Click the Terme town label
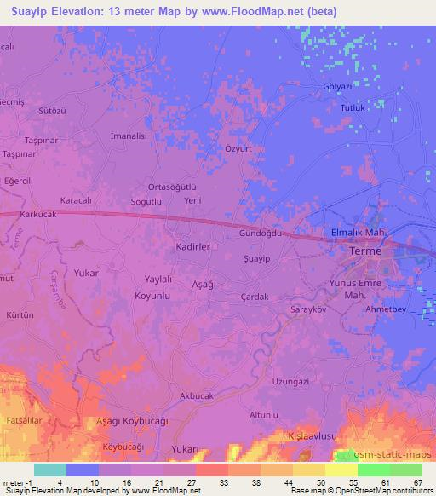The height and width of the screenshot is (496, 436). coord(368,253)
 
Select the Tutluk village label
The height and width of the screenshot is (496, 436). coord(353,108)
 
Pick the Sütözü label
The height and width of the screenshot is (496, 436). coord(53,112)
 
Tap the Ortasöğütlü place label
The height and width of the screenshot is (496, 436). coord(173,187)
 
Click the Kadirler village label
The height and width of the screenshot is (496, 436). coord(192,245)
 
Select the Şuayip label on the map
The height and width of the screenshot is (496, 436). coord(257,258)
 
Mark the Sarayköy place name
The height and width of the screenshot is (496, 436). coord(309,310)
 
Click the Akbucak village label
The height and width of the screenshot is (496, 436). coord(197,396)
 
